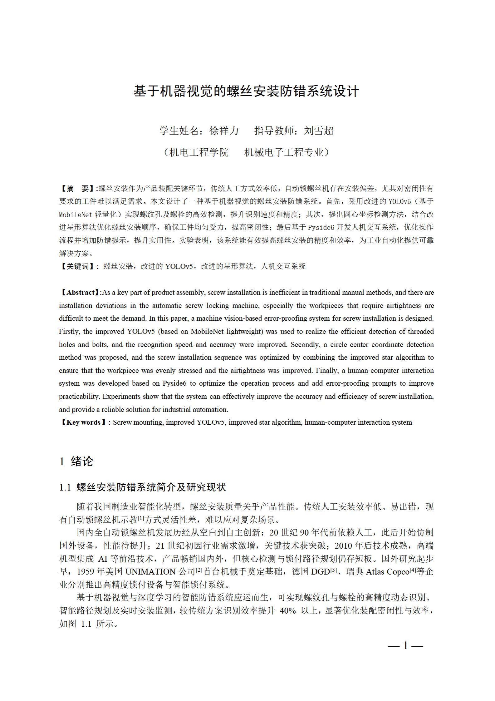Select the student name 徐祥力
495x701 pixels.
[x=224, y=131]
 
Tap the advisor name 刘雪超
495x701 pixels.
[x=319, y=131]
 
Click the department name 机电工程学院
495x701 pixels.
[x=198, y=152]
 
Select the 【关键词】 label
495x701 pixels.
[x=77, y=266]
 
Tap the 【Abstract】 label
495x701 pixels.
[x=79, y=293]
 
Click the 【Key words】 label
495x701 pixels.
[x=83, y=422]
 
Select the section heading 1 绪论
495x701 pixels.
[x=76, y=461]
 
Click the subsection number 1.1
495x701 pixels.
[x=65, y=487]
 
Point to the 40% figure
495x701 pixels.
[x=288, y=610]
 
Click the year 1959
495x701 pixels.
[x=86, y=572]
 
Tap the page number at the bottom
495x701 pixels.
[x=405, y=645]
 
